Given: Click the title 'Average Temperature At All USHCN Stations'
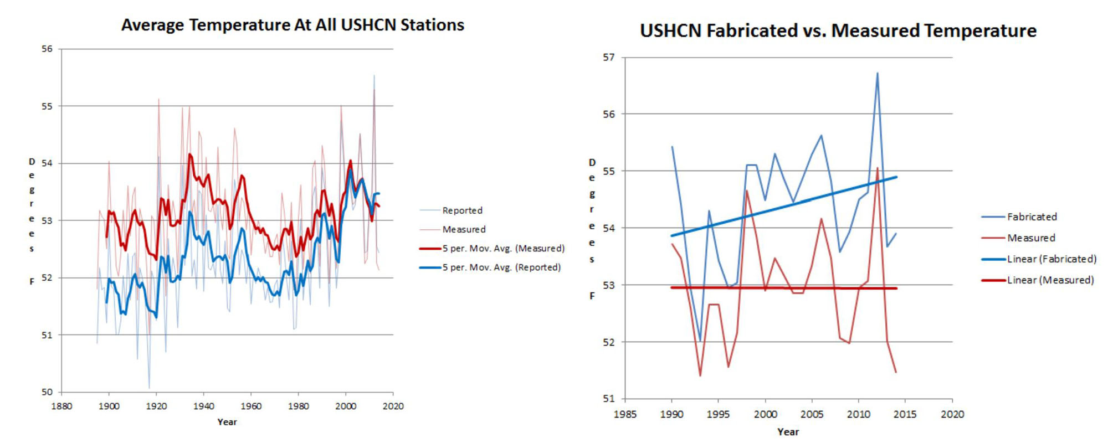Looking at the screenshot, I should (293, 25).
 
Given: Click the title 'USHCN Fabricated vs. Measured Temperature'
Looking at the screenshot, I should (838, 30).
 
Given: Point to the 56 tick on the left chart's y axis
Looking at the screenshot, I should (47, 49).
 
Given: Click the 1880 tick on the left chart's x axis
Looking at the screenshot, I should (61, 406).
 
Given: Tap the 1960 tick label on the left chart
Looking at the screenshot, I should (251, 406).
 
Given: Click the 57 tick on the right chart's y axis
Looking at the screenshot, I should (608, 57).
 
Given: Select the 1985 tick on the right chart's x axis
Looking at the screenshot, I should (625, 414).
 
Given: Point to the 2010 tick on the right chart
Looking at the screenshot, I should (859, 414).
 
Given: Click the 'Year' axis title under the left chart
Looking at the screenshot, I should (227, 422).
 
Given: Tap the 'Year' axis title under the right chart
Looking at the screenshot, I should (788, 432).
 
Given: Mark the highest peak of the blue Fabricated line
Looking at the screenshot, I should (877, 73).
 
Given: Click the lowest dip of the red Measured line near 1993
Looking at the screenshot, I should (700, 376).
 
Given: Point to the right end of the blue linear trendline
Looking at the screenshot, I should (896, 177).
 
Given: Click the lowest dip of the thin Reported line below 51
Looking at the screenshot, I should (149, 388).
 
